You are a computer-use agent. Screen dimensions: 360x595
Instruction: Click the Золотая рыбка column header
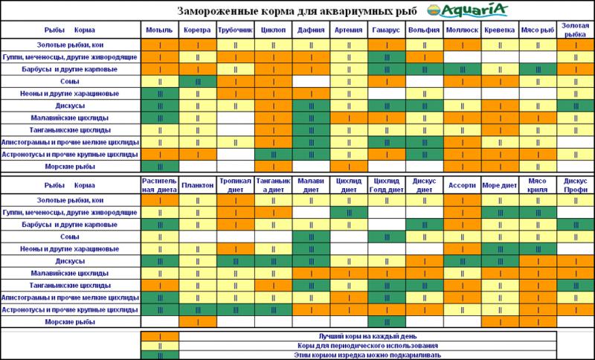pyautogui.click(x=575, y=30)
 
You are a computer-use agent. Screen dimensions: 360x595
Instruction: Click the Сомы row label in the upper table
pyautogui.click(x=71, y=81)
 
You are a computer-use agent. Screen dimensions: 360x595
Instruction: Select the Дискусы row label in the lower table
pyautogui.click(x=71, y=262)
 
